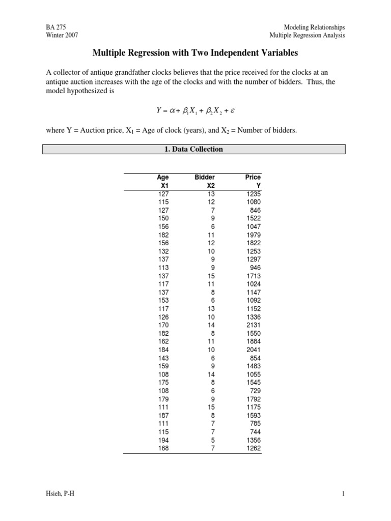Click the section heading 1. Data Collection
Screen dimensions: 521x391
pos(195,149)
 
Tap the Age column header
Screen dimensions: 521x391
pos(162,177)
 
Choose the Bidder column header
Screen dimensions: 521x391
pos(205,177)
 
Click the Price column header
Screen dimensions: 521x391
pos(253,177)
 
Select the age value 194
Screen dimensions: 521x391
pos(162,440)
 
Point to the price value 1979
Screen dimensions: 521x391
pos(253,235)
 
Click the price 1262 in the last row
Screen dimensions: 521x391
pos(253,448)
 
